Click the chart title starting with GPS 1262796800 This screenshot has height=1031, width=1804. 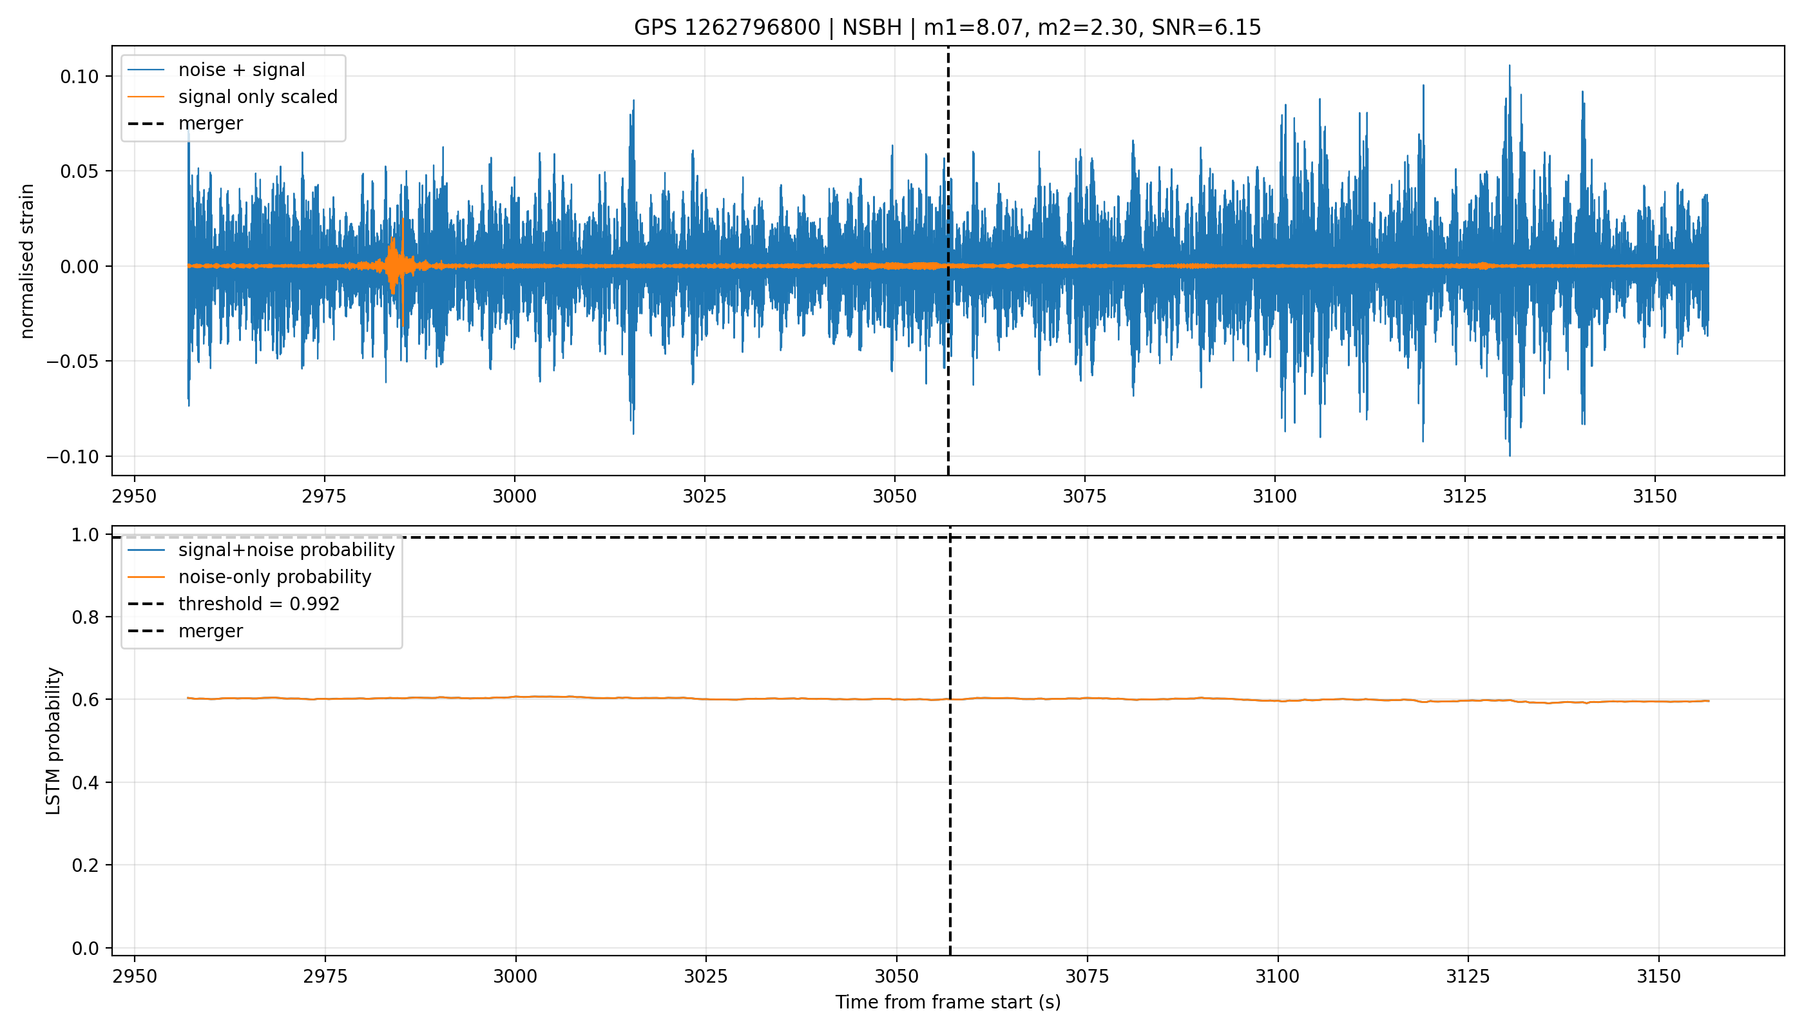click(947, 28)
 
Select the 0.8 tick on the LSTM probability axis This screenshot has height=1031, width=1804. click(86, 617)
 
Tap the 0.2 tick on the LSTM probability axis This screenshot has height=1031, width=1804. click(86, 865)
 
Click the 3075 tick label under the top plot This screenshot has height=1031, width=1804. click(1085, 496)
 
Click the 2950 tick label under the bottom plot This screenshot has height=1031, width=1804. click(135, 976)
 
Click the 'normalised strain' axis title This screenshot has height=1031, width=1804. click(27, 261)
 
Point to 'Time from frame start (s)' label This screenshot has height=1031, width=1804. click(948, 1003)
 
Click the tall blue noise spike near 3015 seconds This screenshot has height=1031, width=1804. click(631, 265)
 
